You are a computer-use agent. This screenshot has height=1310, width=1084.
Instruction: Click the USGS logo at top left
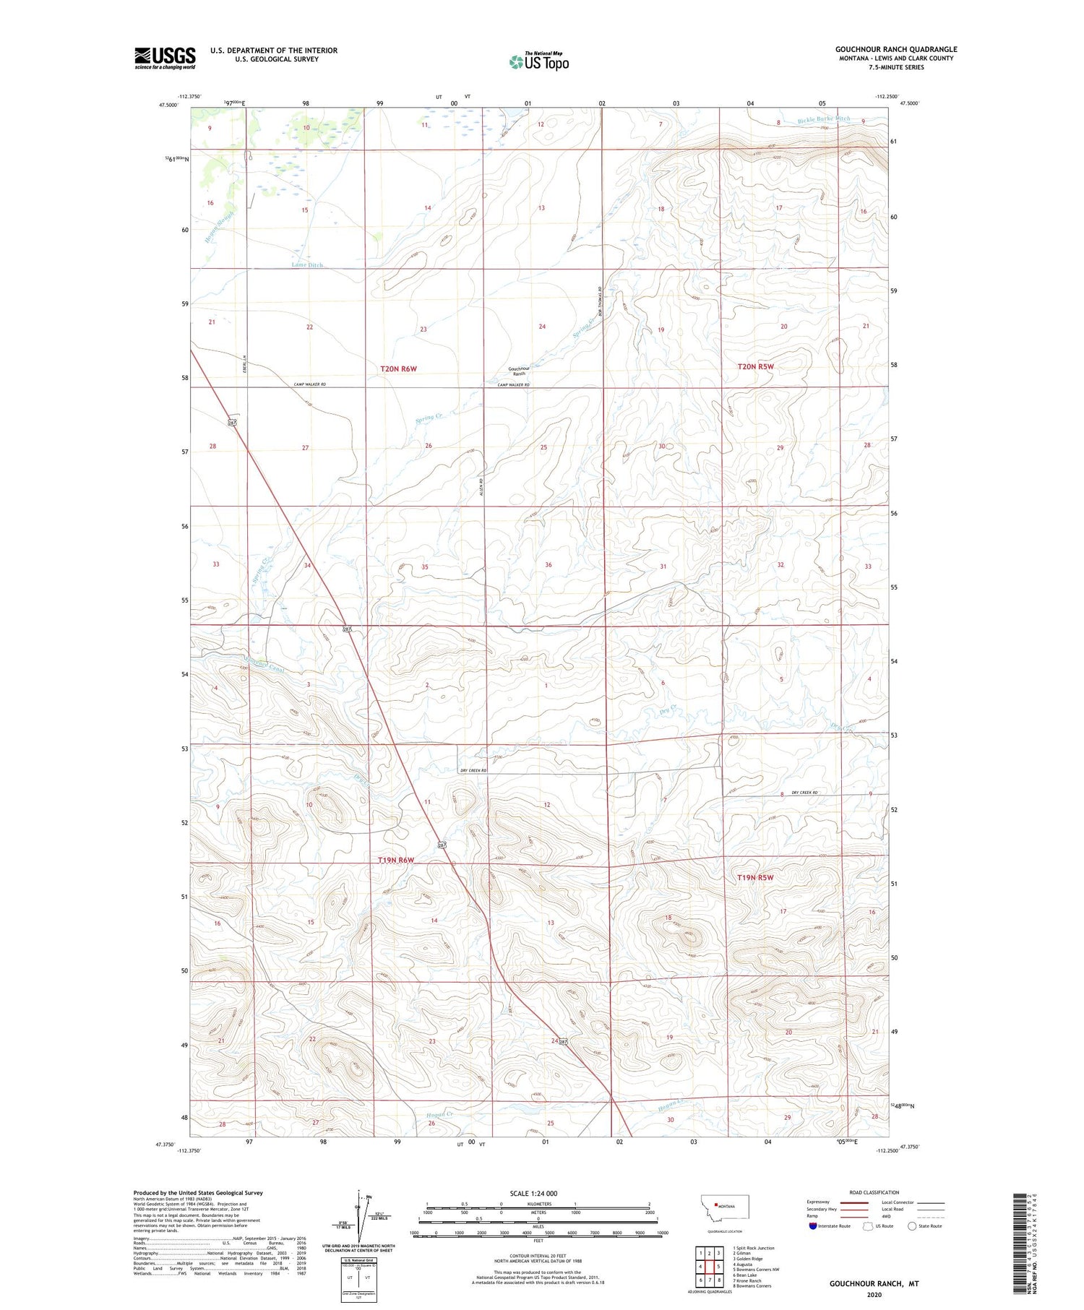(x=165, y=58)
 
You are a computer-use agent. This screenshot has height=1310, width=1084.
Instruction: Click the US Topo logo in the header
(x=539, y=62)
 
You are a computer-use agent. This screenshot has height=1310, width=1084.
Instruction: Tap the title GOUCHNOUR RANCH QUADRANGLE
(x=896, y=50)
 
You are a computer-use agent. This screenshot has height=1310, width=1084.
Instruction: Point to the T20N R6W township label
(x=398, y=369)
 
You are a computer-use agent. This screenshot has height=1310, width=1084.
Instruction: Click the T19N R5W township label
(x=755, y=877)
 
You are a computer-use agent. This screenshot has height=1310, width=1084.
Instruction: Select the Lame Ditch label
(x=307, y=265)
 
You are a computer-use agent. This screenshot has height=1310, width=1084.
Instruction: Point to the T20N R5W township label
(x=755, y=366)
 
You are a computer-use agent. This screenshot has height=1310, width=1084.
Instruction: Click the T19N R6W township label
(x=396, y=860)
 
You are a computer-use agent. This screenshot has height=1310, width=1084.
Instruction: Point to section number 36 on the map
(x=549, y=564)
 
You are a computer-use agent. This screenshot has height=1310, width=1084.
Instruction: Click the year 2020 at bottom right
(x=874, y=1294)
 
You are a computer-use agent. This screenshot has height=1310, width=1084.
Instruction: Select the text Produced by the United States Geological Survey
(x=197, y=1193)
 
